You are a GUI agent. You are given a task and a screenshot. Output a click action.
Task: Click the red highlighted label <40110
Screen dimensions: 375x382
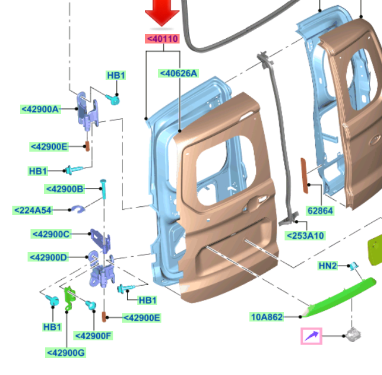coord(162,39)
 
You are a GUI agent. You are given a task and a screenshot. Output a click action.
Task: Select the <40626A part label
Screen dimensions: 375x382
coord(178,73)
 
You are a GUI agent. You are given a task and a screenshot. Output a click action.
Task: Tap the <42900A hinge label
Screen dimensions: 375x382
coord(40,109)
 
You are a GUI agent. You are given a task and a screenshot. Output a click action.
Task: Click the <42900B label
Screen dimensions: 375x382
coord(65,189)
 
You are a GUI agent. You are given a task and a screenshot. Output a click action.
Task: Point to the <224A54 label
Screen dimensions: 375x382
coord(33,210)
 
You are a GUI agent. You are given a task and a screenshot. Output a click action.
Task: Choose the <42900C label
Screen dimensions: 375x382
coord(51,235)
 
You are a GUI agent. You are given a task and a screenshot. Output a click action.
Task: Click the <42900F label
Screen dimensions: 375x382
coord(93,336)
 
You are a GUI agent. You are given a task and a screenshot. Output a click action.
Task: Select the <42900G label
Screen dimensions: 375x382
coord(66,353)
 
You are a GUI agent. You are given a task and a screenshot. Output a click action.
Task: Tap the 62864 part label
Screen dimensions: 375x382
coord(320,210)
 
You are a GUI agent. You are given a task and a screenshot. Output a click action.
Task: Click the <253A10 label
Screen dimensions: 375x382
coord(305,236)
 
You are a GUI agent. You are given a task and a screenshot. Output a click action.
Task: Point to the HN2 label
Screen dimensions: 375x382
coord(327,266)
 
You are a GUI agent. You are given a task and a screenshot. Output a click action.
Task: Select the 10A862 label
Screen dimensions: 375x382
coord(267,317)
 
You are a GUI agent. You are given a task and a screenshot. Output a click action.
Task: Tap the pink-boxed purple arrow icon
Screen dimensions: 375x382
coord(312,336)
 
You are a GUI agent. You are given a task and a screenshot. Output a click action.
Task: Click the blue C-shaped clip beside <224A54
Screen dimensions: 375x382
coord(78,208)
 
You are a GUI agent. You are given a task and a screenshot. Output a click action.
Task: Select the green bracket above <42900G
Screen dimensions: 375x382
coord(68,296)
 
